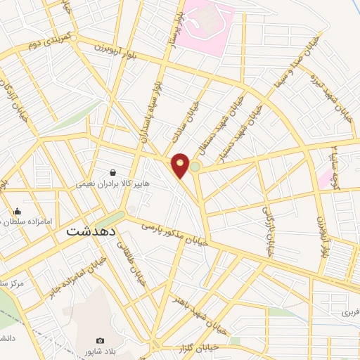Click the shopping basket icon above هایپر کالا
click(112, 172)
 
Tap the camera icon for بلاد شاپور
click(100, 340)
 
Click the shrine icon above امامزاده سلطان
click(17, 211)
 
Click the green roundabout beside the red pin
click(195, 167)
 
